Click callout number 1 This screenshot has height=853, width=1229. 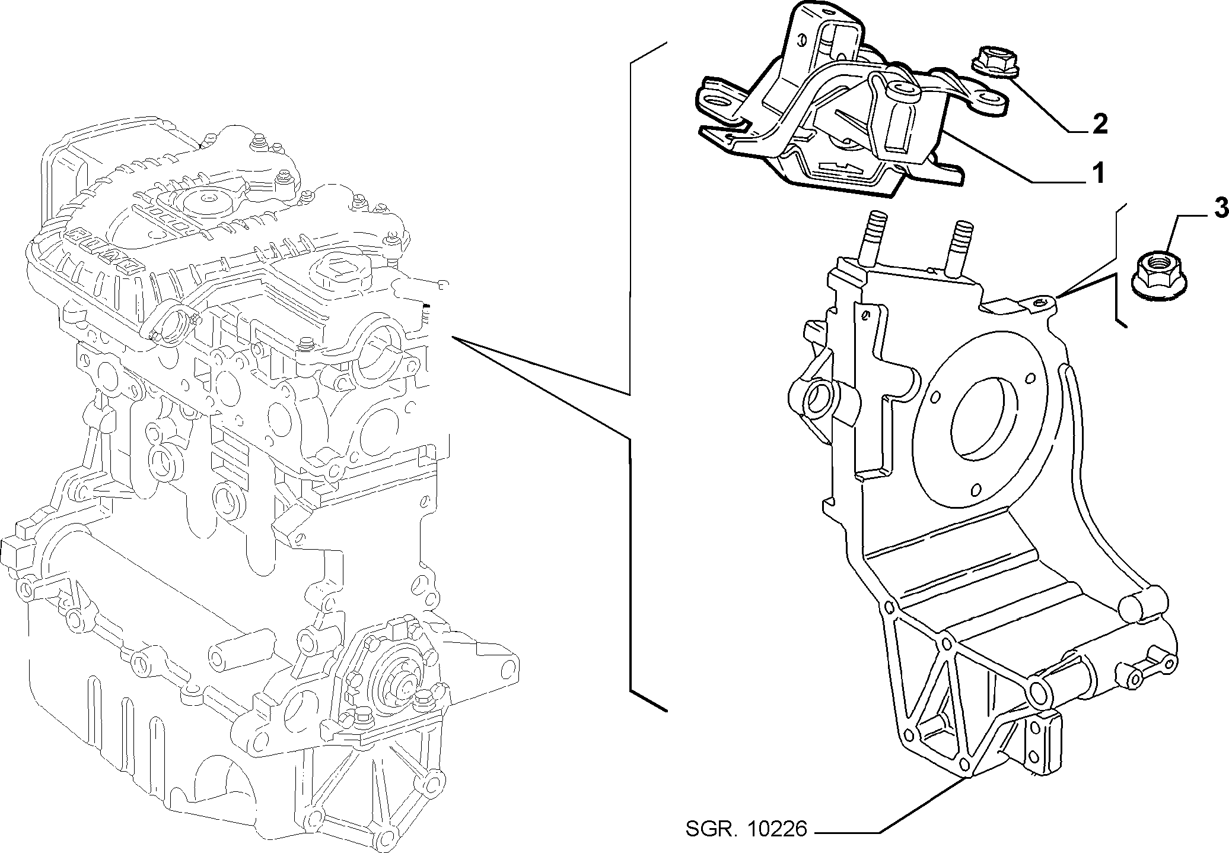pos(1098,173)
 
